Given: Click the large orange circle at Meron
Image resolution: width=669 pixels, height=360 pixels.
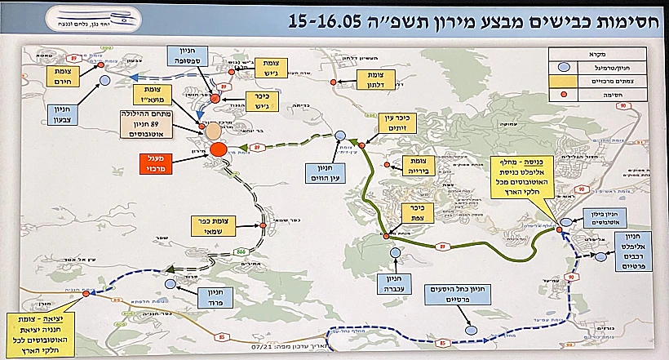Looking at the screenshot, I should [218, 150].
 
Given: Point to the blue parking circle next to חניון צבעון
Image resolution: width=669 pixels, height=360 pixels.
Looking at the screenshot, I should [104, 81].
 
